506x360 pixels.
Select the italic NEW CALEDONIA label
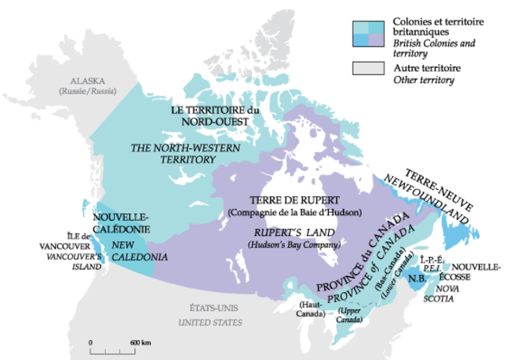click(139, 252)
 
